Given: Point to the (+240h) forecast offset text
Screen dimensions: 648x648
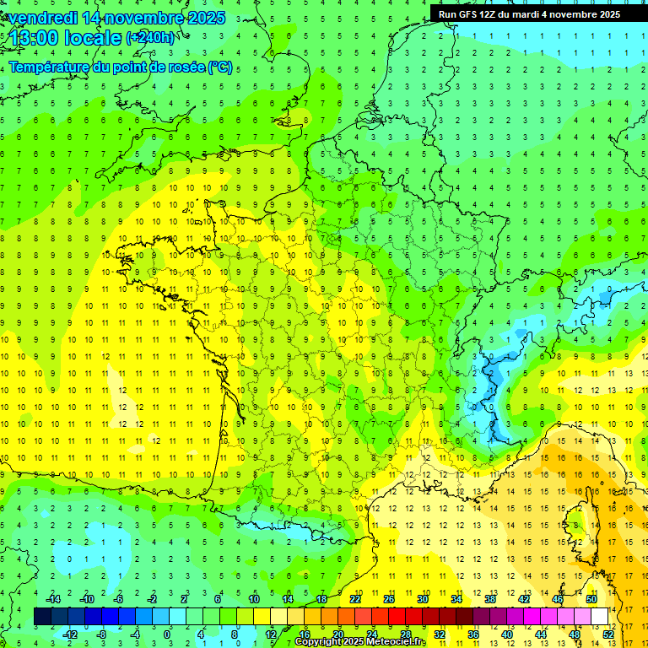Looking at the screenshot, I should [151, 37].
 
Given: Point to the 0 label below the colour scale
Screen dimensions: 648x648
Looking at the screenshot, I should [167, 634].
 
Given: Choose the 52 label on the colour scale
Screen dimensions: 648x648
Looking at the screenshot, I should [607, 634].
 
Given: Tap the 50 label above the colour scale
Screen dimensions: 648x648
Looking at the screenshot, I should [591, 599].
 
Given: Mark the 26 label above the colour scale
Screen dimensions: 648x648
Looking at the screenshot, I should [388, 599].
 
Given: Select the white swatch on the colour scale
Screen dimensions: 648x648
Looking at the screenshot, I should [599, 617].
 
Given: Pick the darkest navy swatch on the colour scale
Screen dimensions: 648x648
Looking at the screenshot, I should [42, 617].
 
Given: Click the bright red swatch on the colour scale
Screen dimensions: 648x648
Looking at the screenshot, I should [397, 617].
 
